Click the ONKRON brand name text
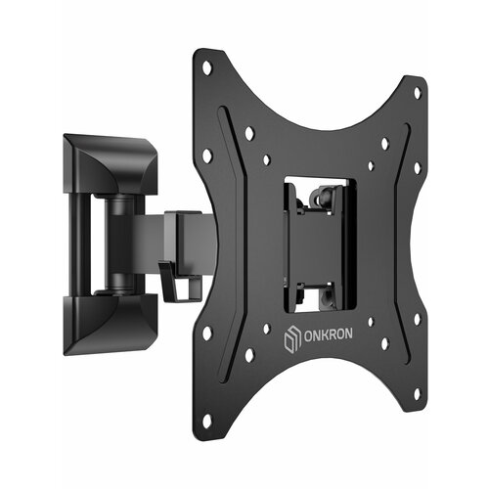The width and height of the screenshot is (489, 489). [328, 334]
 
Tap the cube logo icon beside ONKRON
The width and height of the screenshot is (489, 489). [291, 339]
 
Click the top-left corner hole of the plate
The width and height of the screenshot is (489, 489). [206, 67]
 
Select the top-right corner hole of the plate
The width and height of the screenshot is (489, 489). [417, 93]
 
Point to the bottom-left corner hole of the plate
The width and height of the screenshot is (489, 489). [206, 421]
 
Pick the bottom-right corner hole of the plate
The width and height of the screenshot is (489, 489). [417, 394]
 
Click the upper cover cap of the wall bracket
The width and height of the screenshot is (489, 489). [111, 164]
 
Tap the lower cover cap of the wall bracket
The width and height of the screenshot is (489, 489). [111, 325]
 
